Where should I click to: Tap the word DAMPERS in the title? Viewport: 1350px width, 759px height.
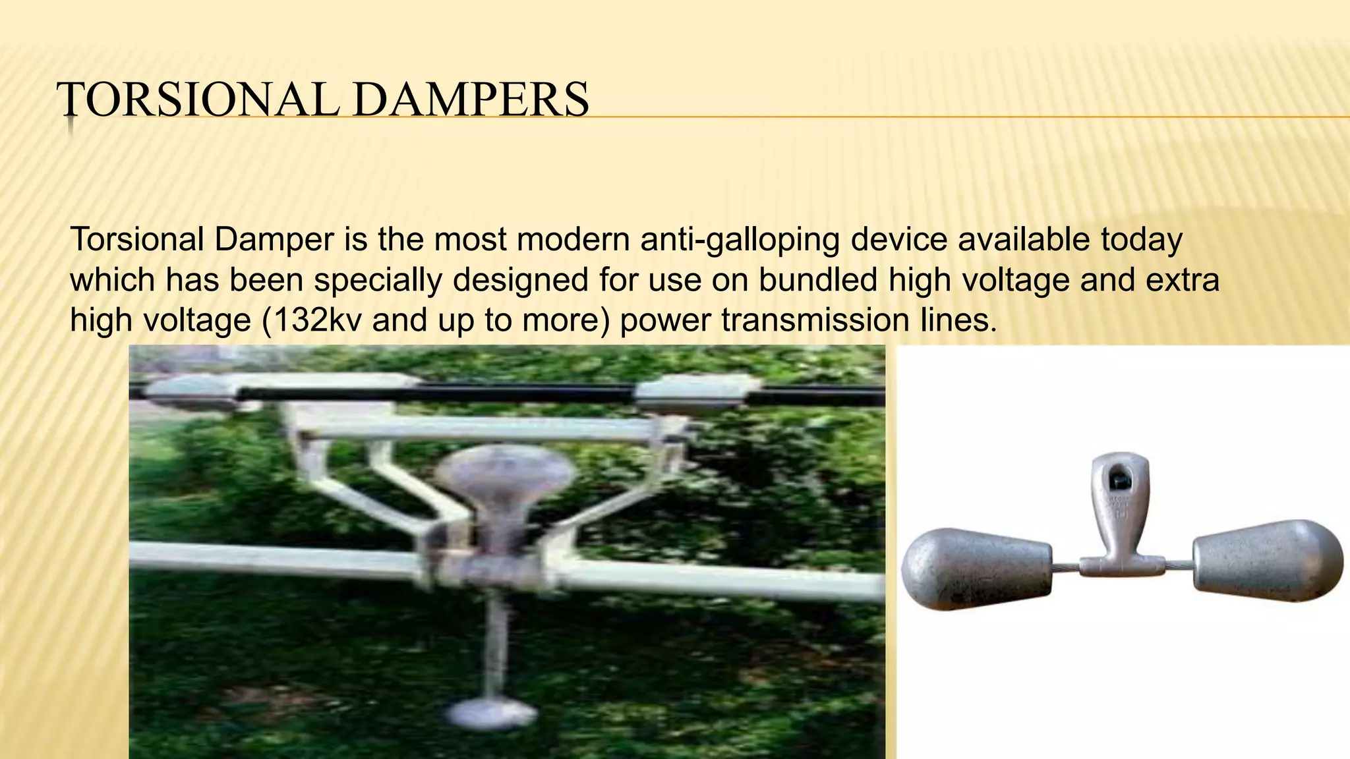pos(471,100)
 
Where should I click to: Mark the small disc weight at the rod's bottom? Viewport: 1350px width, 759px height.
pos(492,712)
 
